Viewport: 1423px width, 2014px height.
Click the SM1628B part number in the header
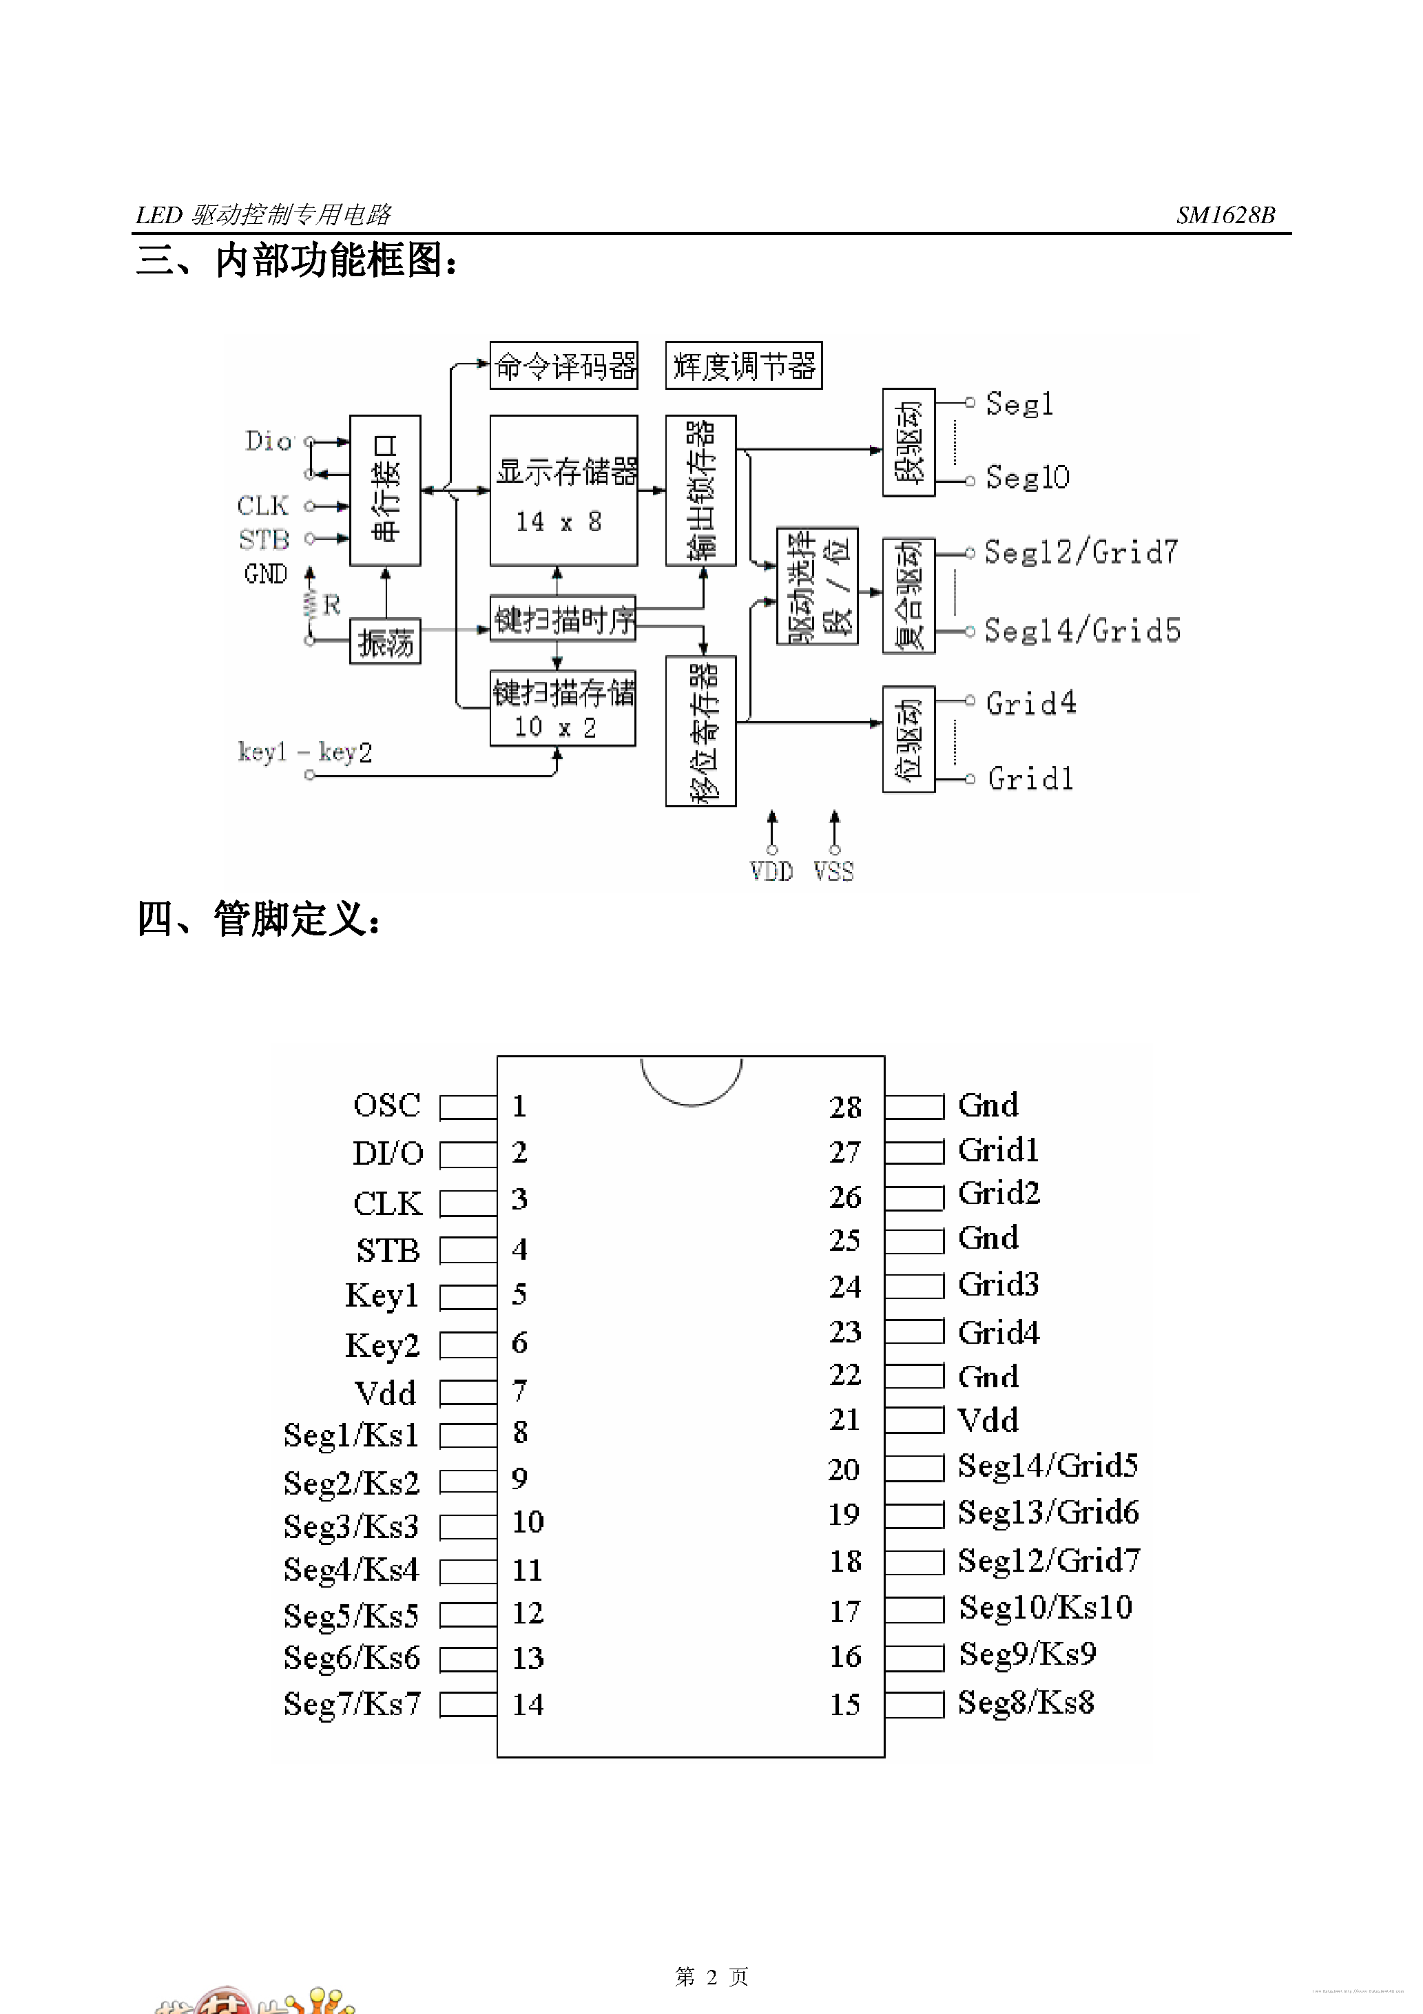pyautogui.click(x=1225, y=215)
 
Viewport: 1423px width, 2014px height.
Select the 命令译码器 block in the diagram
pyautogui.click(x=563, y=366)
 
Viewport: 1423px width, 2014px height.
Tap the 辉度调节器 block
pyautogui.click(x=743, y=366)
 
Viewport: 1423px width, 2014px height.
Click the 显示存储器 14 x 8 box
pyautogui.click(x=563, y=491)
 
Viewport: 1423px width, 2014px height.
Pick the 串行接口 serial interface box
pyautogui.click(x=384, y=490)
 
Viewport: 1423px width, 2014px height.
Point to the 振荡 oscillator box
pyautogui.click(x=384, y=642)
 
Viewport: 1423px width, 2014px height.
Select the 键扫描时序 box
pyautogui.click(x=562, y=619)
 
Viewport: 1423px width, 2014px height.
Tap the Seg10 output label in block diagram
pyautogui.click(x=1026, y=478)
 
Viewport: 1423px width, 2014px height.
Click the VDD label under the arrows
pyautogui.click(x=771, y=871)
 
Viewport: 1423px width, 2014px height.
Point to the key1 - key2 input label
pyautogui.click(x=304, y=751)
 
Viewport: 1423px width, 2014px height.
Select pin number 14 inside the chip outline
pyautogui.click(x=528, y=1704)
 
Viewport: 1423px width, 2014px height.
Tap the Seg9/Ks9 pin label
pyautogui.click(x=1026, y=1654)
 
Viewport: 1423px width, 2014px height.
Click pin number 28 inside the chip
pyautogui.click(x=845, y=1107)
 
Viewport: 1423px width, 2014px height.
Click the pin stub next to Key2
pyautogui.click(x=468, y=1345)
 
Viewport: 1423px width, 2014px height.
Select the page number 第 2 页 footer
pyautogui.click(x=711, y=1976)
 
